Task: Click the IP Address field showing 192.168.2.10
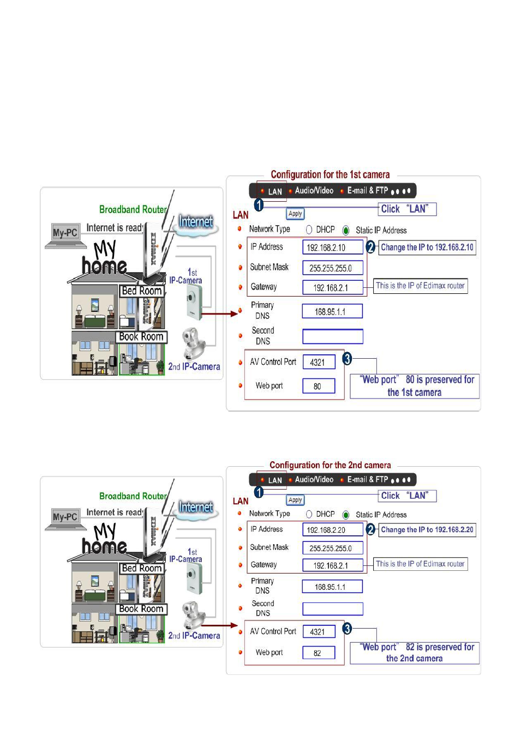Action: (x=332, y=248)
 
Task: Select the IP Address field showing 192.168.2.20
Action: (x=332, y=529)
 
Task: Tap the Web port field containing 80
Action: (x=319, y=386)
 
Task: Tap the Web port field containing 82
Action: (x=319, y=653)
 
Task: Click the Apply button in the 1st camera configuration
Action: (x=295, y=214)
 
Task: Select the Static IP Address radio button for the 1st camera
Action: (x=346, y=230)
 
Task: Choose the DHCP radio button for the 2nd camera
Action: (x=309, y=514)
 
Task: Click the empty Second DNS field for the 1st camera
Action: (x=332, y=336)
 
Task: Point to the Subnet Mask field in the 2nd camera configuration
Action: (x=332, y=548)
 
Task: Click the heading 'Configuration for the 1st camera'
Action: (x=330, y=174)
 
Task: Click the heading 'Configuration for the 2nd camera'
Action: (x=330, y=465)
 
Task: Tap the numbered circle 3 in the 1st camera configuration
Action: (x=347, y=359)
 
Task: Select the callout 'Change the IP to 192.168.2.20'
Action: (x=427, y=529)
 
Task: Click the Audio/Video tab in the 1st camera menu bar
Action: (x=314, y=191)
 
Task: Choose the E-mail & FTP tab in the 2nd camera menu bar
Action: (x=367, y=480)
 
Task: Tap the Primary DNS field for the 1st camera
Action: (x=332, y=311)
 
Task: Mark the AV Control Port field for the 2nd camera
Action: (x=319, y=631)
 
